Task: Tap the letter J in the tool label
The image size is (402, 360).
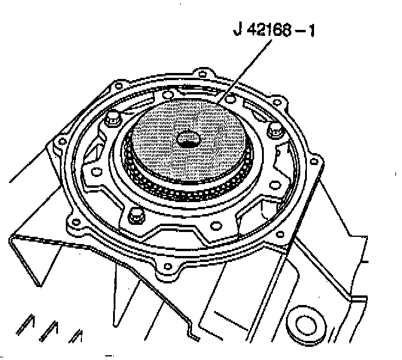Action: pyautogui.click(x=238, y=30)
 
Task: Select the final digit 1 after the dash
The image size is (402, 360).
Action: pyautogui.click(x=311, y=30)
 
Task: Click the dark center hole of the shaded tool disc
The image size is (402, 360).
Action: pyautogui.click(x=188, y=140)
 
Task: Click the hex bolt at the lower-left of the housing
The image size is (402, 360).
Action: pyautogui.click(x=136, y=216)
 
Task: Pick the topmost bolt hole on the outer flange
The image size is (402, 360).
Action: pyautogui.click(x=203, y=75)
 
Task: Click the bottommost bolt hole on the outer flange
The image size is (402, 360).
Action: pyautogui.click(x=167, y=267)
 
